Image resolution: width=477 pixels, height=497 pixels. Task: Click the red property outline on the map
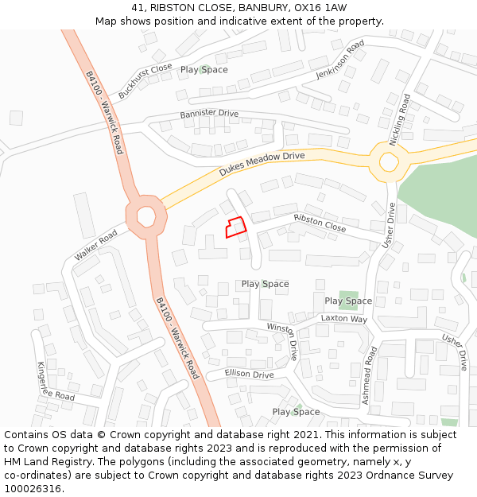[235, 228]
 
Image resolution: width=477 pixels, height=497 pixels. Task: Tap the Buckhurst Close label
[145, 81]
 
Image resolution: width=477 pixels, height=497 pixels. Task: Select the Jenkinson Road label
[339, 58]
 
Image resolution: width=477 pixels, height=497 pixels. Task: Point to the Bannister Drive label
[209, 114]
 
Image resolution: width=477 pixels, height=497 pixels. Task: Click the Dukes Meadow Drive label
[262, 165]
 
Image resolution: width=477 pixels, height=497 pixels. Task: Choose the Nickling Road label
[399, 120]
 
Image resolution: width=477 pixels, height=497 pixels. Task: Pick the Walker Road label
[95, 245]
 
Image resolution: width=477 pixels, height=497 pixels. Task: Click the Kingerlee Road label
[56, 381]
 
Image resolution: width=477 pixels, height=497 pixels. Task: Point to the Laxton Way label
[343, 318]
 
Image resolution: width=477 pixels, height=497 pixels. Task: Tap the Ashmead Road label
[368, 375]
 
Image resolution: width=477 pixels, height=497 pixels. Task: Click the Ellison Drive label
[249, 374]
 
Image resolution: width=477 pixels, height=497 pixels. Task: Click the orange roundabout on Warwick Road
[145, 215]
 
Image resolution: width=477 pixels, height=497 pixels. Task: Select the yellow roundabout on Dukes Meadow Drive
[388, 161]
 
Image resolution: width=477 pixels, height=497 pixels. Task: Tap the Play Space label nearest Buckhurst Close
[204, 70]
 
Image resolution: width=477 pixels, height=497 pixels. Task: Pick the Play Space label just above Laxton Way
[348, 301]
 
